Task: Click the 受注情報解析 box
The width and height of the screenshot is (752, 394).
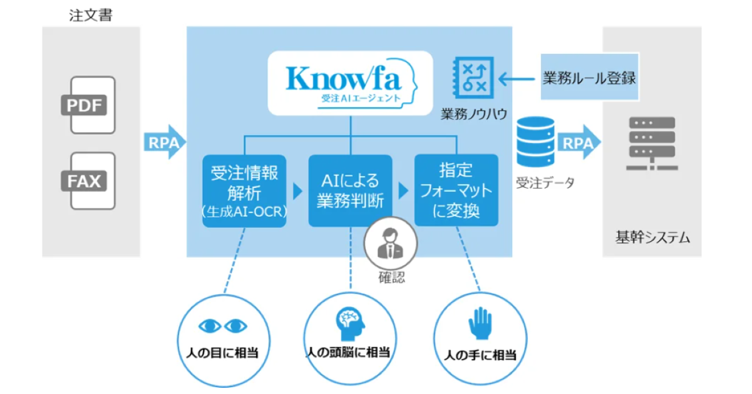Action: coord(244,190)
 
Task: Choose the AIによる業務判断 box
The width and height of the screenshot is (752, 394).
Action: coord(350,190)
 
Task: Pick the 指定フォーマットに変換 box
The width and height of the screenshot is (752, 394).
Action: coord(456,190)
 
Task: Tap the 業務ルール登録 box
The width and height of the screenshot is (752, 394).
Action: coord(589,78)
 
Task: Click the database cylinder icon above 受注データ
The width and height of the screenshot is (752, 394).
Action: coord(536,143)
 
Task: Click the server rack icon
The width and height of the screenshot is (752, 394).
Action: coord(651,145)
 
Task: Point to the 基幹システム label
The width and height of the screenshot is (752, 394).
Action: coord(651,237)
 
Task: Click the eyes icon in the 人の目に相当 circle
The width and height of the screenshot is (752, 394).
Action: coord(223,326)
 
